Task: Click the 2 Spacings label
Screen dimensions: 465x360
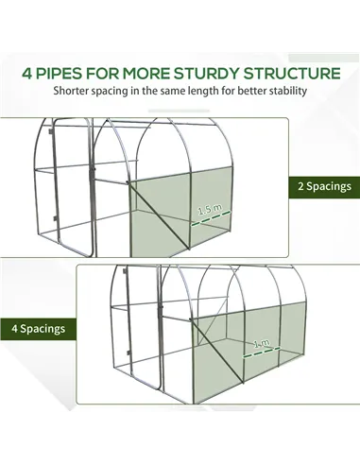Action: point(322,186)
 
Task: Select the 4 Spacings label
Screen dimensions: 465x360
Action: point(37,329)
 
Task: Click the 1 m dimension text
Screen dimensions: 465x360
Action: point(262,346)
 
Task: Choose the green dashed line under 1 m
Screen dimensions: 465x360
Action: point(261,357)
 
